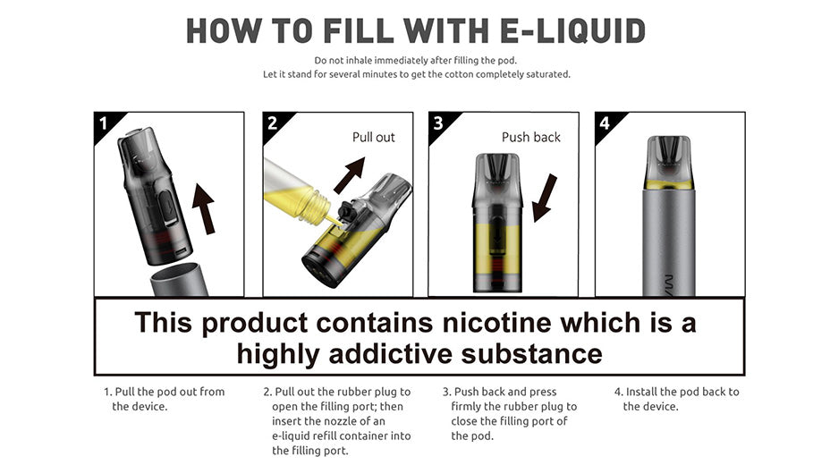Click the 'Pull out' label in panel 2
tap(373, 138)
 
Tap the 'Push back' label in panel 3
tap(530, 138)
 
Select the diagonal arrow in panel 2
tap(349, 175)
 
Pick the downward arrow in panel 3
tap(544, 198)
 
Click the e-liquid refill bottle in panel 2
tap(296, 190)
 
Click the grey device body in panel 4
tap(670, 241)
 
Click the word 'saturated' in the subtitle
tap(548, 74)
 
